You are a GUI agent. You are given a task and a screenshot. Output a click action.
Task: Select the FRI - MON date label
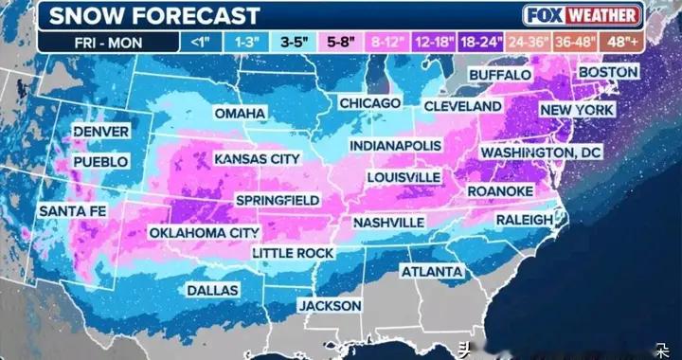point(112,42)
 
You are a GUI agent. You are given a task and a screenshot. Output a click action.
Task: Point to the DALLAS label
point(212,290)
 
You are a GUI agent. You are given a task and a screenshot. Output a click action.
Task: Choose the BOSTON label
point(607,72)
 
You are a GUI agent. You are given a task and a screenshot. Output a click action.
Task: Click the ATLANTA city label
point(431,272)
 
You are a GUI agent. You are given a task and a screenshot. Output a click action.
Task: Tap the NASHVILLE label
point(387,222)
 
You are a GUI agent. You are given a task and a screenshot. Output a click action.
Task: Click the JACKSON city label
point(330,306)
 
